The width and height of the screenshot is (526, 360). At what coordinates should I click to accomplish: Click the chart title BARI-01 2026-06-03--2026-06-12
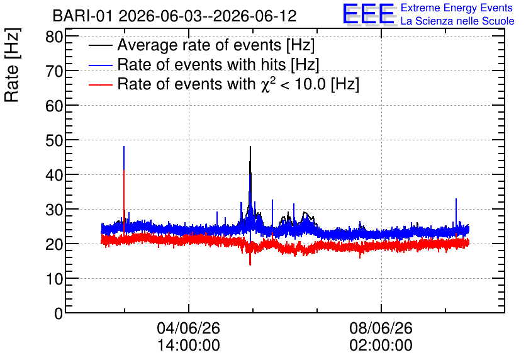click(174, 16)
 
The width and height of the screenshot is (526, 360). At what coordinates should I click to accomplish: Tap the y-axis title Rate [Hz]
click(12, 65)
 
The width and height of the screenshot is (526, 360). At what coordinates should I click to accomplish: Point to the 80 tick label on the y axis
click(54, 37)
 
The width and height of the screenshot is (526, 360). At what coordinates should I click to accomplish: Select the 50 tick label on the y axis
click(54, 140)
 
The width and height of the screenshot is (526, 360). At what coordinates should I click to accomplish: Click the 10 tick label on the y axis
click(54, 278)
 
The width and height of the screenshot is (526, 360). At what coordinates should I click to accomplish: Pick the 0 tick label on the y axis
click(59, 313)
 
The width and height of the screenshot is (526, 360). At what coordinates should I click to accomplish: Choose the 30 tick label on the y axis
click(54, 210)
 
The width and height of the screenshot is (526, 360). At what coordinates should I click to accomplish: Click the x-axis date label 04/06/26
click(189, 328)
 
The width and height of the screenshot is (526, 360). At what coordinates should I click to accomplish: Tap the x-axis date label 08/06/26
click(381, 328)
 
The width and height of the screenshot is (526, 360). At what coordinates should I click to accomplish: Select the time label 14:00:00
click(189, 345)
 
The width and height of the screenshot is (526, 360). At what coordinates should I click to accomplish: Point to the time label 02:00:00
click(381, 345)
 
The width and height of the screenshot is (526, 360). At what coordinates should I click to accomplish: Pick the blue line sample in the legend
click(100, 65)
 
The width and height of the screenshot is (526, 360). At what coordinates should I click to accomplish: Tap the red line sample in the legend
click(100, 85)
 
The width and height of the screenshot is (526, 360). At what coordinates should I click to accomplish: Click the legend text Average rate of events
click(199, 45)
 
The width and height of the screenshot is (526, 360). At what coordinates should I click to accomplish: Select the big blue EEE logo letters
click(369, 14)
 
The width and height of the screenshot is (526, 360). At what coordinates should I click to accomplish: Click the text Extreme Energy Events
click(457, 8)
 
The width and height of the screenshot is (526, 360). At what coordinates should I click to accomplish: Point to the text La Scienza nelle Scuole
click(457, 21)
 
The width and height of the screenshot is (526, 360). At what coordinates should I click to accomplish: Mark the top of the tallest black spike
click(250, 147)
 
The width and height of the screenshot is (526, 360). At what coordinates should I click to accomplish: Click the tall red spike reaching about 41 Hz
click(124, 201)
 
